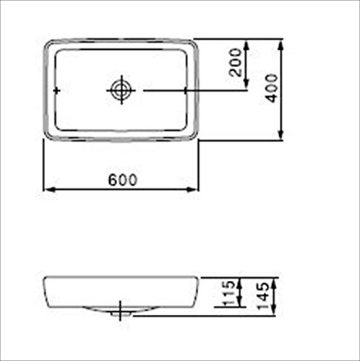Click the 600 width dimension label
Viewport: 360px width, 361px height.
pos(123,180)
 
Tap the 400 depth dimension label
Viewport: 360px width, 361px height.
pos(271,88)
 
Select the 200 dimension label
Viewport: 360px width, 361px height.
pos(236,63)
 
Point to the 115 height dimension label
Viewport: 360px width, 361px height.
pos(228,293)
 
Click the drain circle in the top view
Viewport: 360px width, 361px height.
pos(121,90)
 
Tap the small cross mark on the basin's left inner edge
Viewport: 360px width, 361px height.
pos(56,91)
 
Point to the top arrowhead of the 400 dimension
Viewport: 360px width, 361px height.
pos(280,45)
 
